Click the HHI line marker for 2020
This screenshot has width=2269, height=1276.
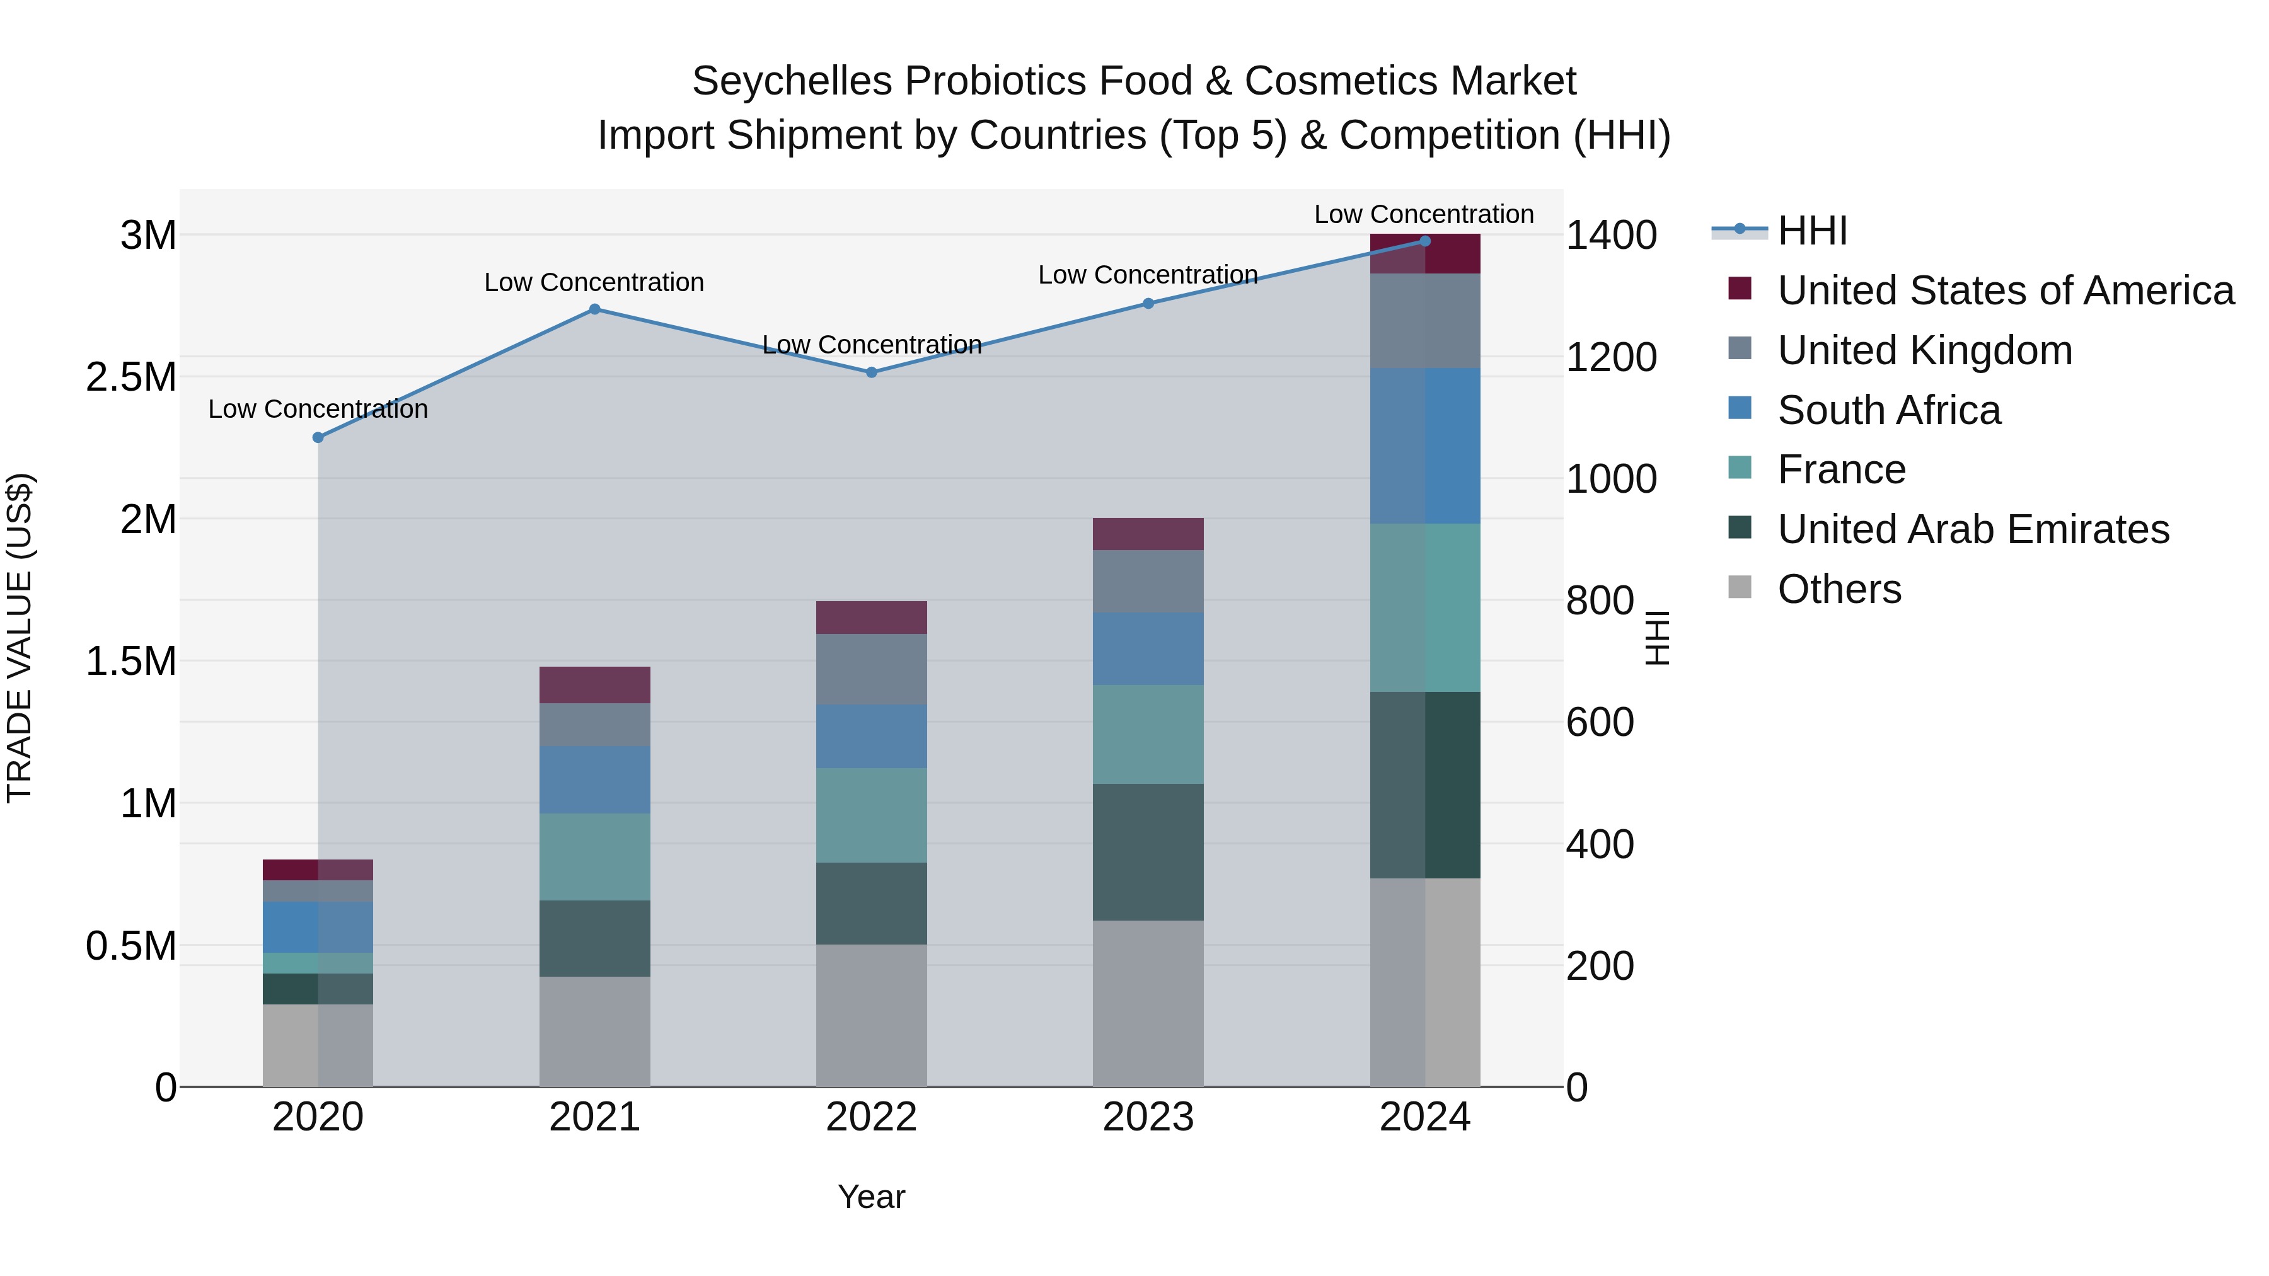[x=318, y=438]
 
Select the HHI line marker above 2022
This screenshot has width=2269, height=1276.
[x=871, y=372]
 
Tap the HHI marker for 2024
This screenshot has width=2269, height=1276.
[x=1425, y=241]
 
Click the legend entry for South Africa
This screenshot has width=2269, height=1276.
[x=1888, y=410]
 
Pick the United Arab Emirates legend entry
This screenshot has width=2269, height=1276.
[x=1973, y=529]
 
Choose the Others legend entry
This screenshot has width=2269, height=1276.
[x=1839, y=589]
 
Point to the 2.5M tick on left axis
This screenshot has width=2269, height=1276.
[x=130, y=378]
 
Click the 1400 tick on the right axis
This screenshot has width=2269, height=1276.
[x=1611, y=236]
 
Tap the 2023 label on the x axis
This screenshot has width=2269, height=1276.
[x=1148, y=1117]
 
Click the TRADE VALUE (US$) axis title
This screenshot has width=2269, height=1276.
[x=20, y=638]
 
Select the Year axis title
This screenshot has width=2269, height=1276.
[x=871, y=1197]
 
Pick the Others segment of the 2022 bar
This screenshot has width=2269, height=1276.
[x=871, y=1015]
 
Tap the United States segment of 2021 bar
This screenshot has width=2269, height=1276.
[x=594, y=684]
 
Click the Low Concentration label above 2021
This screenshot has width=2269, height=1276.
[x=594, y=283]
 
